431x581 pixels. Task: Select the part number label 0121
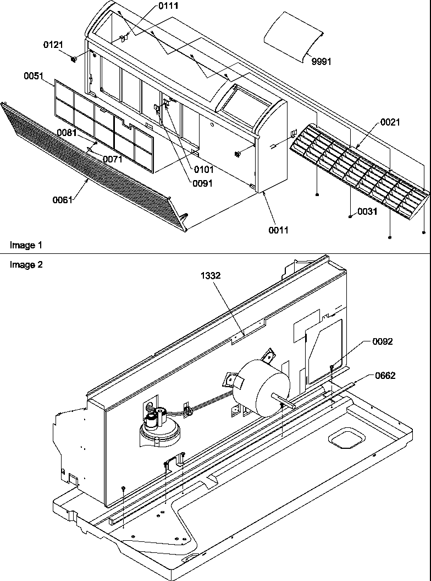[53, 44]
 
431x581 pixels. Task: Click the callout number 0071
[112, 160]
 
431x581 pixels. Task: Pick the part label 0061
[63, 200]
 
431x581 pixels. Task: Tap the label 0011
[278, 230]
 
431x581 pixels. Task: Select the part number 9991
[322, 62]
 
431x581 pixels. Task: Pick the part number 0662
[384, 376]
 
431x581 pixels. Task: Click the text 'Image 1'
[25, 244]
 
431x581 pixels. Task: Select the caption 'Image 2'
[26, 264]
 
